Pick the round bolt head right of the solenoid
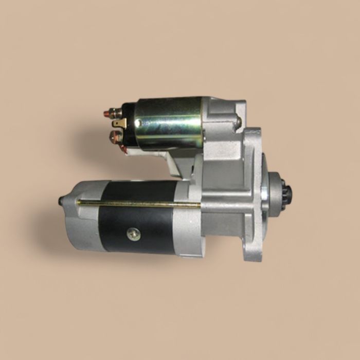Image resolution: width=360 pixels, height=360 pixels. (238, 122)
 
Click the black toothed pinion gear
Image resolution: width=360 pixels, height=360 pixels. (285, 194)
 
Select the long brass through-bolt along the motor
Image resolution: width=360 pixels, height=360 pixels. (139, 204)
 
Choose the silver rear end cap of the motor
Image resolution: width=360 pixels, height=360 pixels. (82, 216)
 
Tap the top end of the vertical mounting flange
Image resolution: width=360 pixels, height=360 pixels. (252, 133)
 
